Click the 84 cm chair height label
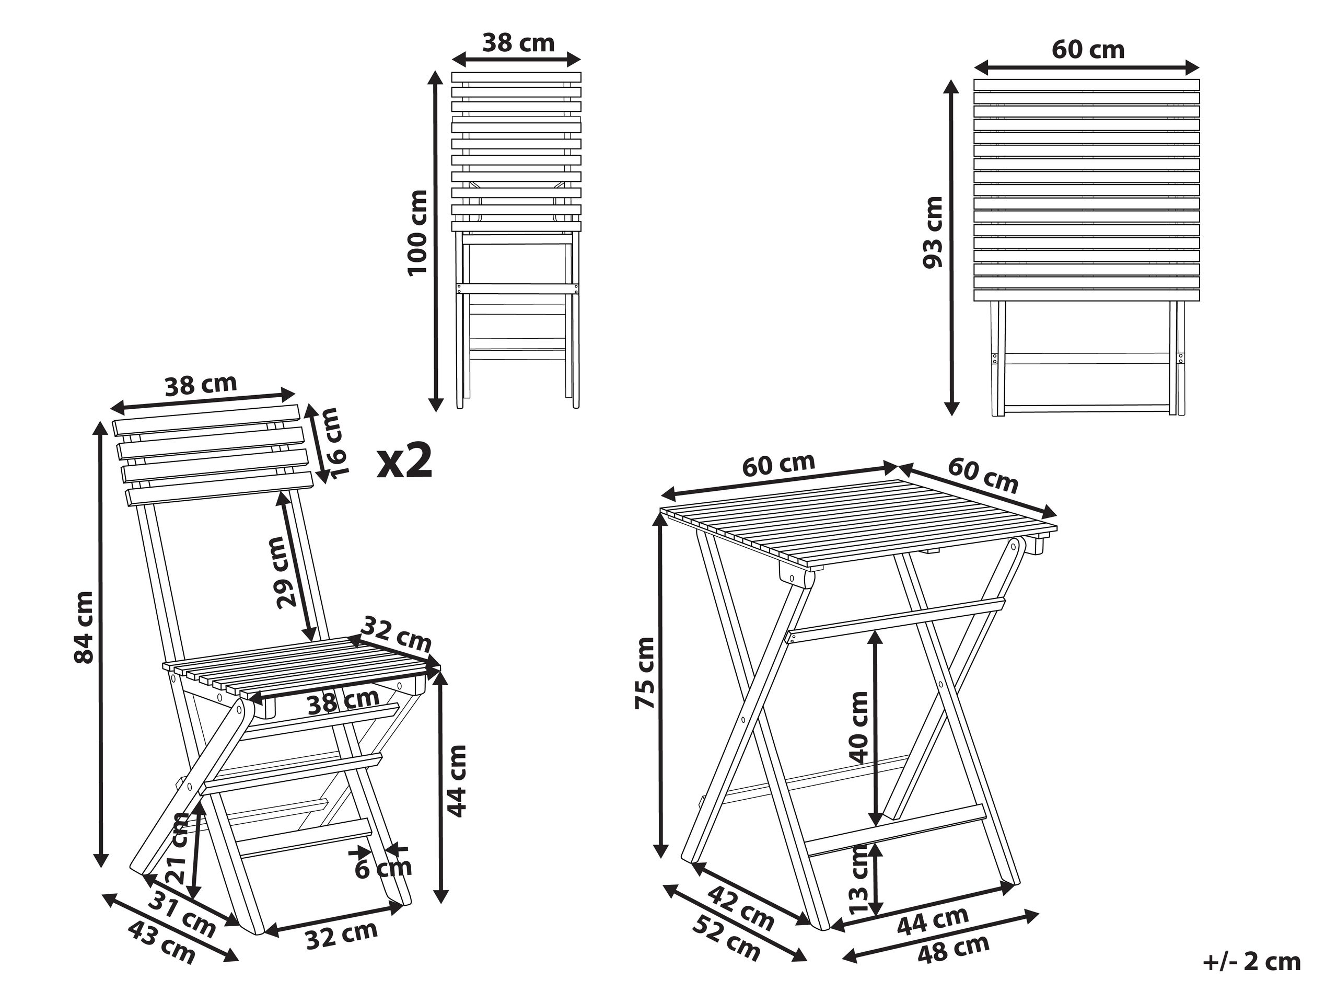(x=84, y=627)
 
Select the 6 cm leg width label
(x=382, y=869)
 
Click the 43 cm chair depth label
(x=162, y=942)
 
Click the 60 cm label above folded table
(x=1088, y=50)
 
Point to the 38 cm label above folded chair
(x=518, y=43)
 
